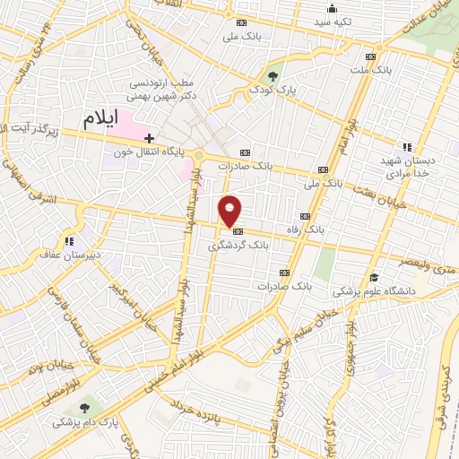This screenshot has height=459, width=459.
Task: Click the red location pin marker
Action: pos(230,210)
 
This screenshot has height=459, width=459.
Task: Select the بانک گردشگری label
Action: pos(238,244)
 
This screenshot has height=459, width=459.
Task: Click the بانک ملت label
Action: pos(371,68)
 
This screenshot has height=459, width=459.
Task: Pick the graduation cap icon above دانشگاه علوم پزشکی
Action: pos(375,277)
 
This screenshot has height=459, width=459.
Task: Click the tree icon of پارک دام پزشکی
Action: pos(85,407)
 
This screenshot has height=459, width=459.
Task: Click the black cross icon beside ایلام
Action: pos(150,138)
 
